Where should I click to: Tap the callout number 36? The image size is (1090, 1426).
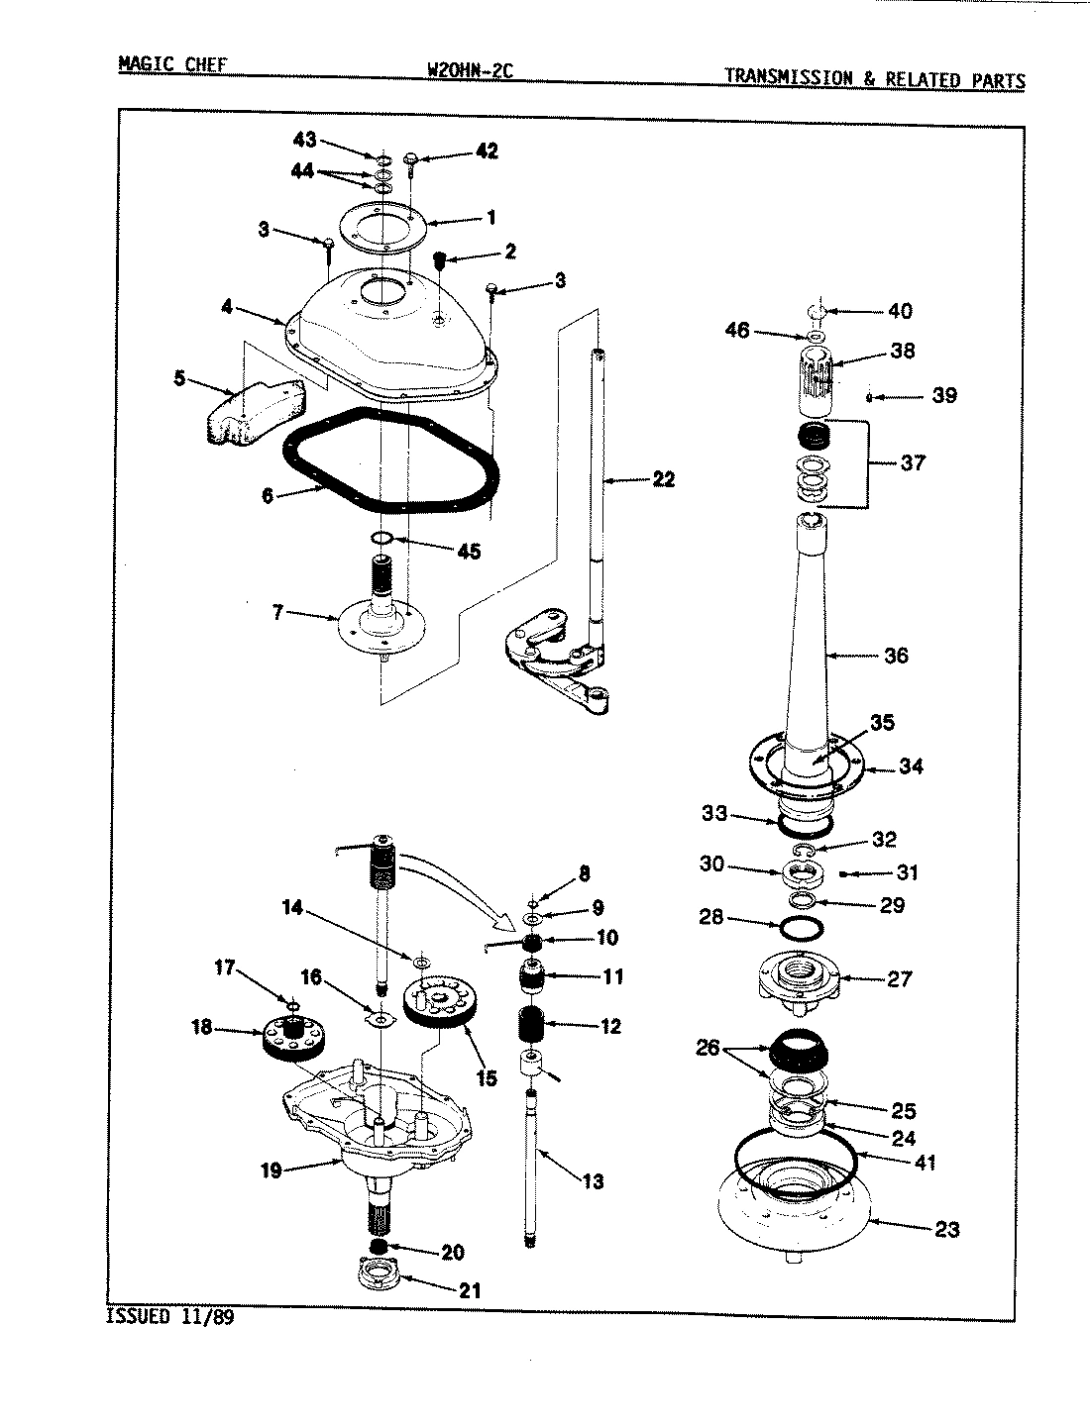(895, 656)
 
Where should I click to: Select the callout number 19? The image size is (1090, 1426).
(271, 1171)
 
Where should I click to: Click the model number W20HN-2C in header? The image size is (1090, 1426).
(468, 70)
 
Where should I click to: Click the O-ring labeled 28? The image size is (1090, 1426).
(802, 931)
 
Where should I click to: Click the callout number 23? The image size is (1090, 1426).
(946, 1230)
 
